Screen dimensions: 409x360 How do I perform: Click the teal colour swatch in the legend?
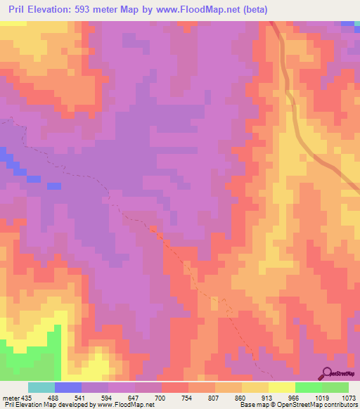(41, 388)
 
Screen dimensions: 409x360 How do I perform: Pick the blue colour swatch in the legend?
(67, 388)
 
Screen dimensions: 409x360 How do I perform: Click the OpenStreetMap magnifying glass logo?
(328, 372)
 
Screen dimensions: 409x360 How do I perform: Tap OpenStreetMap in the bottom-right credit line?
(310, 405)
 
